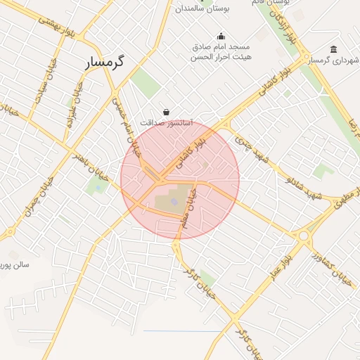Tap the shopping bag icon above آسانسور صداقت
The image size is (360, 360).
click(166, 111)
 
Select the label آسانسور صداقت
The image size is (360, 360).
click(166, 122)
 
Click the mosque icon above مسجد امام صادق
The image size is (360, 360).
click(221, 37)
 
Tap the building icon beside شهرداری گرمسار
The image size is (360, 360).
click(333, 49)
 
